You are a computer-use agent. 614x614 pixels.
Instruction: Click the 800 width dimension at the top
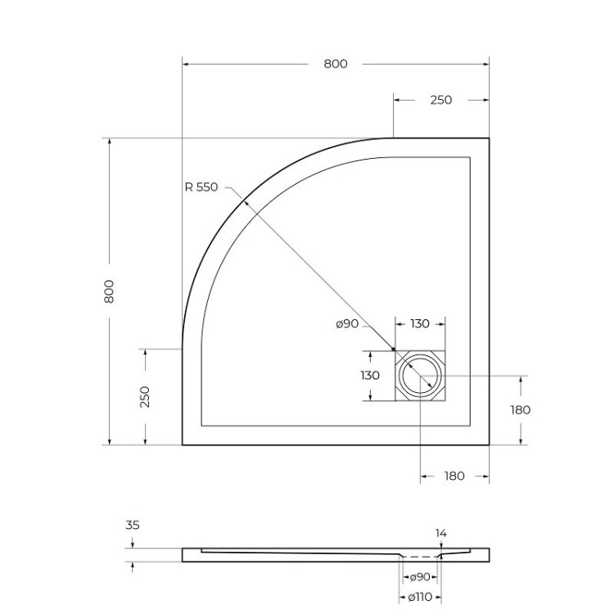pos(335,64)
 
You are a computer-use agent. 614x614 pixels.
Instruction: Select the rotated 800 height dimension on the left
pos(110,291)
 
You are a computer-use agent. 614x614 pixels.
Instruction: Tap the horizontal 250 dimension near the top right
pos(440,100)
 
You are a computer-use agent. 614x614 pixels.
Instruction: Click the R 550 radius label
pos(201,187)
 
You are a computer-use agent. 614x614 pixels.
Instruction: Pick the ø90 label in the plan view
pos(347,324)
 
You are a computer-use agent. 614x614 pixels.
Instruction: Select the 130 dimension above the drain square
pos(419,324)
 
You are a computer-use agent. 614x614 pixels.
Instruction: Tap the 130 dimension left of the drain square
pos(370,376)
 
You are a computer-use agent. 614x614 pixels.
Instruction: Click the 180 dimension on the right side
pos(520,409)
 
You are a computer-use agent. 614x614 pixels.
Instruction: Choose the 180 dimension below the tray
pos(454,476)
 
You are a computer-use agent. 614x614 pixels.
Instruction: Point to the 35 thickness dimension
pos(133,526)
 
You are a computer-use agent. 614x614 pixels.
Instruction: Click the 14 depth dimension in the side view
pos(441,533)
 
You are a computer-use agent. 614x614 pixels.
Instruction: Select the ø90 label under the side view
pos(420,577)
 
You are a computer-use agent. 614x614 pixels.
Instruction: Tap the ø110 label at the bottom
pos(420,596)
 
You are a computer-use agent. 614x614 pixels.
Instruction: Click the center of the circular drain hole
pos(420,377)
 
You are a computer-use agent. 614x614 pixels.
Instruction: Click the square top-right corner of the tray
pos(489,138)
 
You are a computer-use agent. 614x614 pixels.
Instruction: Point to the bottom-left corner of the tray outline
pos(183,445)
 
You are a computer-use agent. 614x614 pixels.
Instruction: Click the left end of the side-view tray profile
pos(183,555)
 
